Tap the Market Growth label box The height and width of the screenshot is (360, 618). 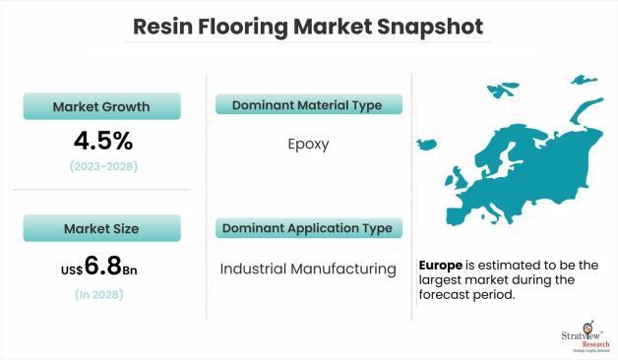click(x=103, y=105)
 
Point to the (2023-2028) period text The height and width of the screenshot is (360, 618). click(x=103, y=166)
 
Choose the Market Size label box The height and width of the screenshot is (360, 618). click(x=103, y=228)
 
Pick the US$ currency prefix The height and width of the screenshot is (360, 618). click(x=71, y=267)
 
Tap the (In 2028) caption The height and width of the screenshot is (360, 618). click(x=103, y=293)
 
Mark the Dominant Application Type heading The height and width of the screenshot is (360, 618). click(x=307, y=228)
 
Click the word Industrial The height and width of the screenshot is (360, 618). click(x=254, y=268)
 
